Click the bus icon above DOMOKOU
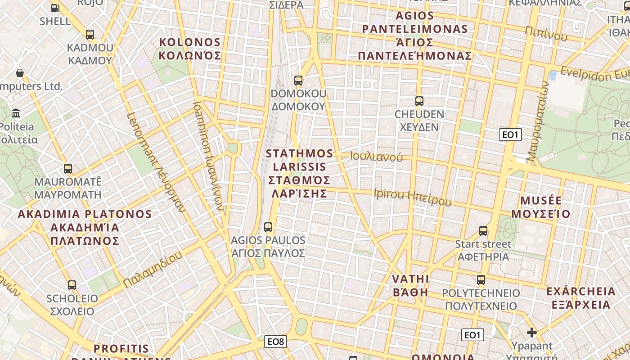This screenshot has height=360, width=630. (x=298, y=81)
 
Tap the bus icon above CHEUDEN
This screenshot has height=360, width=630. (x=419, y=101)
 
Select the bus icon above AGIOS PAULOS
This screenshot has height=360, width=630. (x=268, y=227)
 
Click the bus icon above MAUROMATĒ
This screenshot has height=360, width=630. (x=68, y=169)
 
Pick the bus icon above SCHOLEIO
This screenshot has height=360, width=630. (x=72, y=285)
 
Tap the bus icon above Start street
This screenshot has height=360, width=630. (x=483, y=231)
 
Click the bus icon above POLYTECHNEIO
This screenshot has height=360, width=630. (x=481, y=280)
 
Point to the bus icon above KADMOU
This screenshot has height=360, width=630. (x=90, y=35)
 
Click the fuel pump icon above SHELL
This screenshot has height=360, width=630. (x=55, y=8)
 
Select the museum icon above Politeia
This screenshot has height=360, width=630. (x=16, y=112)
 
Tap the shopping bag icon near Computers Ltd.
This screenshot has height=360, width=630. (x=20, y=73)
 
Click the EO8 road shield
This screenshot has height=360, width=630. (x=276, y=342)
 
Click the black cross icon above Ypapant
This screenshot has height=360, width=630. (x=532, y=333)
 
